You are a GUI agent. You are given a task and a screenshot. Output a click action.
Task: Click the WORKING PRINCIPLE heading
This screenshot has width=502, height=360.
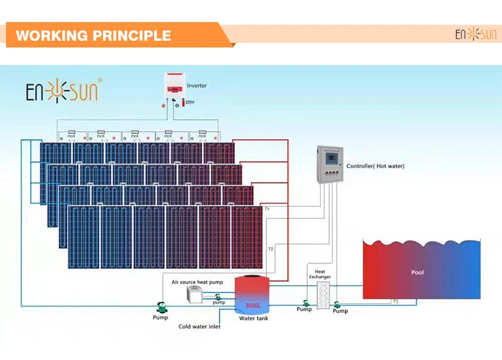pos(93,35)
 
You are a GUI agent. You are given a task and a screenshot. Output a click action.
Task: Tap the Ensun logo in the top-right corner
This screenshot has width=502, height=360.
pos(476,34)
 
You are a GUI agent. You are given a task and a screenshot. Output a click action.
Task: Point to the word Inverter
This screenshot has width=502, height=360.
pos(197,86)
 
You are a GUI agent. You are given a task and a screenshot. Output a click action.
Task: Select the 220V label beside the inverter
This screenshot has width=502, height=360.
pos(189,102)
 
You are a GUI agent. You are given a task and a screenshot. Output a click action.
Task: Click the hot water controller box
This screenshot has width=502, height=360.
pos(328,164)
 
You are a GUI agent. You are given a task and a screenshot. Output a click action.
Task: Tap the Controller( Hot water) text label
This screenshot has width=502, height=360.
pos(375,166)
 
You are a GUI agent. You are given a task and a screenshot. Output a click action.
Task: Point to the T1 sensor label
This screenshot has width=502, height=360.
pos(267,209)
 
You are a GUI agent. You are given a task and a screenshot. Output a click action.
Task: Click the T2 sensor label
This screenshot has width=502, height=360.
pos(270,249)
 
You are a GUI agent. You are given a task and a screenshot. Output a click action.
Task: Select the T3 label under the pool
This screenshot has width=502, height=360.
pos(395,302)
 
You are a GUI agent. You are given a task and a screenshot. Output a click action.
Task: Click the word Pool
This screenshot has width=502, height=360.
pos(418,272)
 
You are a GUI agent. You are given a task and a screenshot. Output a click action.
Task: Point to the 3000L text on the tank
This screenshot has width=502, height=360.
pos(252,305)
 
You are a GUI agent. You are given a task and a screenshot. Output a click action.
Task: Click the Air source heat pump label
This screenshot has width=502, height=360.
pos(197,282)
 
